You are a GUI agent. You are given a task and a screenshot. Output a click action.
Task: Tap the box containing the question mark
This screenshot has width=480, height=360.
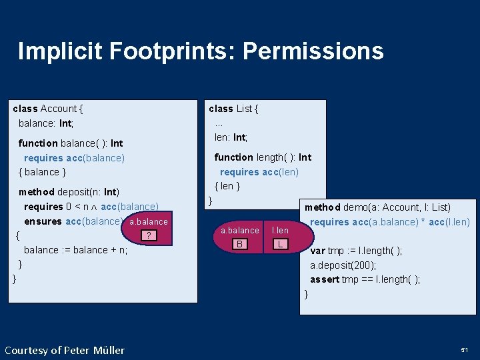150,235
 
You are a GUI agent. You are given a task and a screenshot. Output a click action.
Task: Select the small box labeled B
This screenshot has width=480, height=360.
239,245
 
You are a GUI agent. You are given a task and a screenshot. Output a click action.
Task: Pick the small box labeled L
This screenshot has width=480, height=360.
281,245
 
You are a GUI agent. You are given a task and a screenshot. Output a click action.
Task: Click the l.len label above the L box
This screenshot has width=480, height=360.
280,231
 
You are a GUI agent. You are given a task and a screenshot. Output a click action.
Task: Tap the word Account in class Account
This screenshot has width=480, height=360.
59,109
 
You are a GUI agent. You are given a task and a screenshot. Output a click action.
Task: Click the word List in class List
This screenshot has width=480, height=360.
245,109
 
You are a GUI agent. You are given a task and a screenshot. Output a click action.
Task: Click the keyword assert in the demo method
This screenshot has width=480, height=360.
324,279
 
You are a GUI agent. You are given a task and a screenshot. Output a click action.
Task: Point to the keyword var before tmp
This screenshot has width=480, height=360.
317,251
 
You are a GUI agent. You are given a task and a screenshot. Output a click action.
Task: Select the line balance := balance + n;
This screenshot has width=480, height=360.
75,250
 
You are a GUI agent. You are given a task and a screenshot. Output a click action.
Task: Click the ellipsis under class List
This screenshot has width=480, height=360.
218,123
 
